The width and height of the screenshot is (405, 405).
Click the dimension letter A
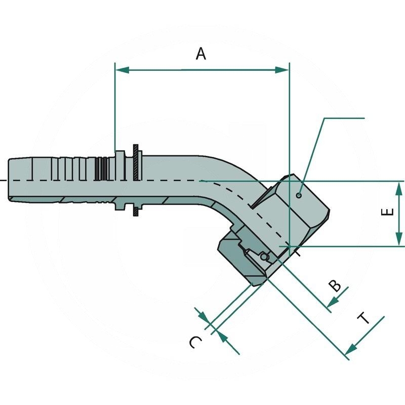point(201,53)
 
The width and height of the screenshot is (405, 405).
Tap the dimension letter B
point(335,286)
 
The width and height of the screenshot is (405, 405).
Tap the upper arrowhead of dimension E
point(399,188)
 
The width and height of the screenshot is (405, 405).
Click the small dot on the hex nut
point(299,195)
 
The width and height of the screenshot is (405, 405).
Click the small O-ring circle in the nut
point(264,258)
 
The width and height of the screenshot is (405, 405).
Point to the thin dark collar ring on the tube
point(136,180)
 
